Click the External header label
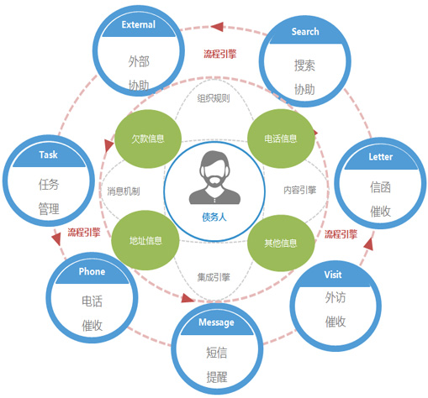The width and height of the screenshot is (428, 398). pyautogui.click(x=139, y=24)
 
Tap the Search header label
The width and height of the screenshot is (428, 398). pyautogui.click(x=305, y=32)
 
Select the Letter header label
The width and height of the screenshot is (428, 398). pyautogui.click(x=380, y=157)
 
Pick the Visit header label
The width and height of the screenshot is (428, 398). pyautogui.click(x=333, y=275)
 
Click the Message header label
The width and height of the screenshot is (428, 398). pyautogui.click(x=216, y=322)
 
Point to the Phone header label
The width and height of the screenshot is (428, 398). pyautogui.click(x=92, y=271)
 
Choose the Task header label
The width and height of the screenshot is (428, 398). pyautogui.click(x=48, y=154)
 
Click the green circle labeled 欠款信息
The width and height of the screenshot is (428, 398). pyautogui.click(x=148, y=139)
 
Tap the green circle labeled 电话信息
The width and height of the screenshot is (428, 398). pyautogui.click(x=281, y=139)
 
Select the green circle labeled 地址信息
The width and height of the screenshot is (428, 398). pyautogui.click(x=145, y=240)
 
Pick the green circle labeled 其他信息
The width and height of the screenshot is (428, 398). pyautogui.click(x=281, y=243)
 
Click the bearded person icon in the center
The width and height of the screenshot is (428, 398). pyautogui.click(x=214, y=177)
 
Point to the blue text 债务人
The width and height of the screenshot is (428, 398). pyautogui.click(x=214, y=217)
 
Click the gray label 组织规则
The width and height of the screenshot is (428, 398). pyautogui.click(x=214, y=98)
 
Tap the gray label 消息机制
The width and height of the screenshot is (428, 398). pyautogui.click(x=124, y=191)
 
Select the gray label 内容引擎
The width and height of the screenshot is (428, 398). pyautogui.click(x=300, y=191)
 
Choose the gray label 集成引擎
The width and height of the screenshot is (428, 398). pyautogui.click(x=214, y=277)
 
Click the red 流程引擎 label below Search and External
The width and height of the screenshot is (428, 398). pyautogui.click(x=220, y=54)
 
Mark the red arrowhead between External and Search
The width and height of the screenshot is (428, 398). pyautogui.click(x=217, y=27)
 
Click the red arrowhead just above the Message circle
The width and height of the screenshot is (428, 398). pyautogui.click(x=188, y=298)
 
